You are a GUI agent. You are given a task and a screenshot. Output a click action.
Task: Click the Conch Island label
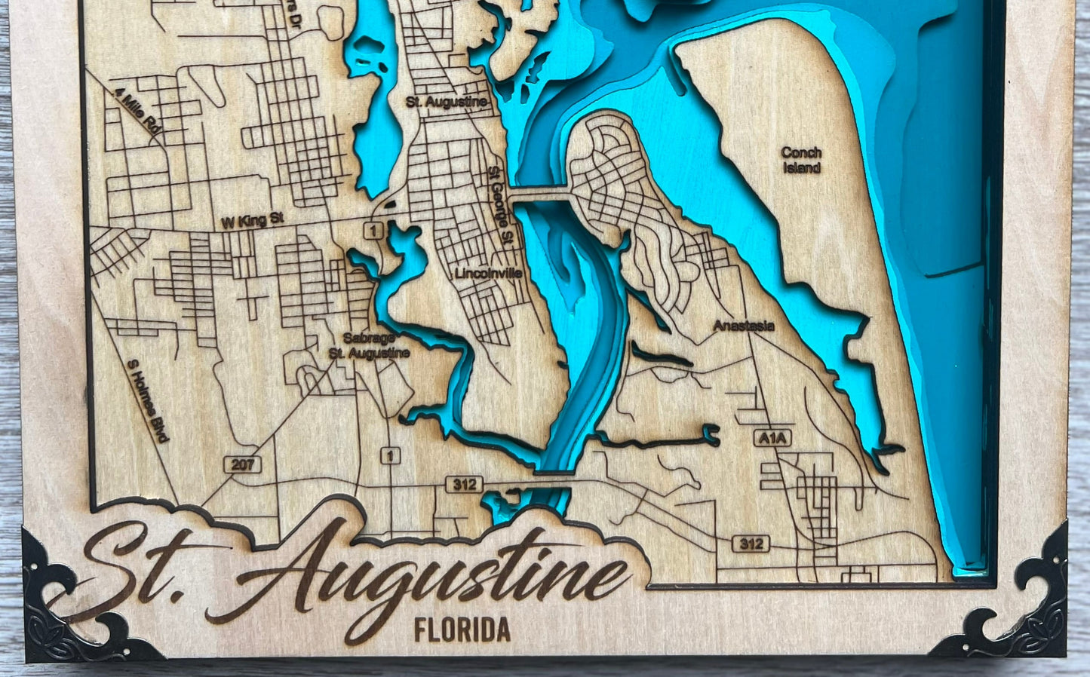(801, 160)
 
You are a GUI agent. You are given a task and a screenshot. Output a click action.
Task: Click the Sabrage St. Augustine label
(369, 345)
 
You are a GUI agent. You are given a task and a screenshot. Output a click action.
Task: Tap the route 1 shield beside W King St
(373, 229)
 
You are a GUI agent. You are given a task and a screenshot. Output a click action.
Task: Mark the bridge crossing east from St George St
(539, 195)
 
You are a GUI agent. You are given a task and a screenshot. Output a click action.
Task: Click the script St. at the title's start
(143, 573)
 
